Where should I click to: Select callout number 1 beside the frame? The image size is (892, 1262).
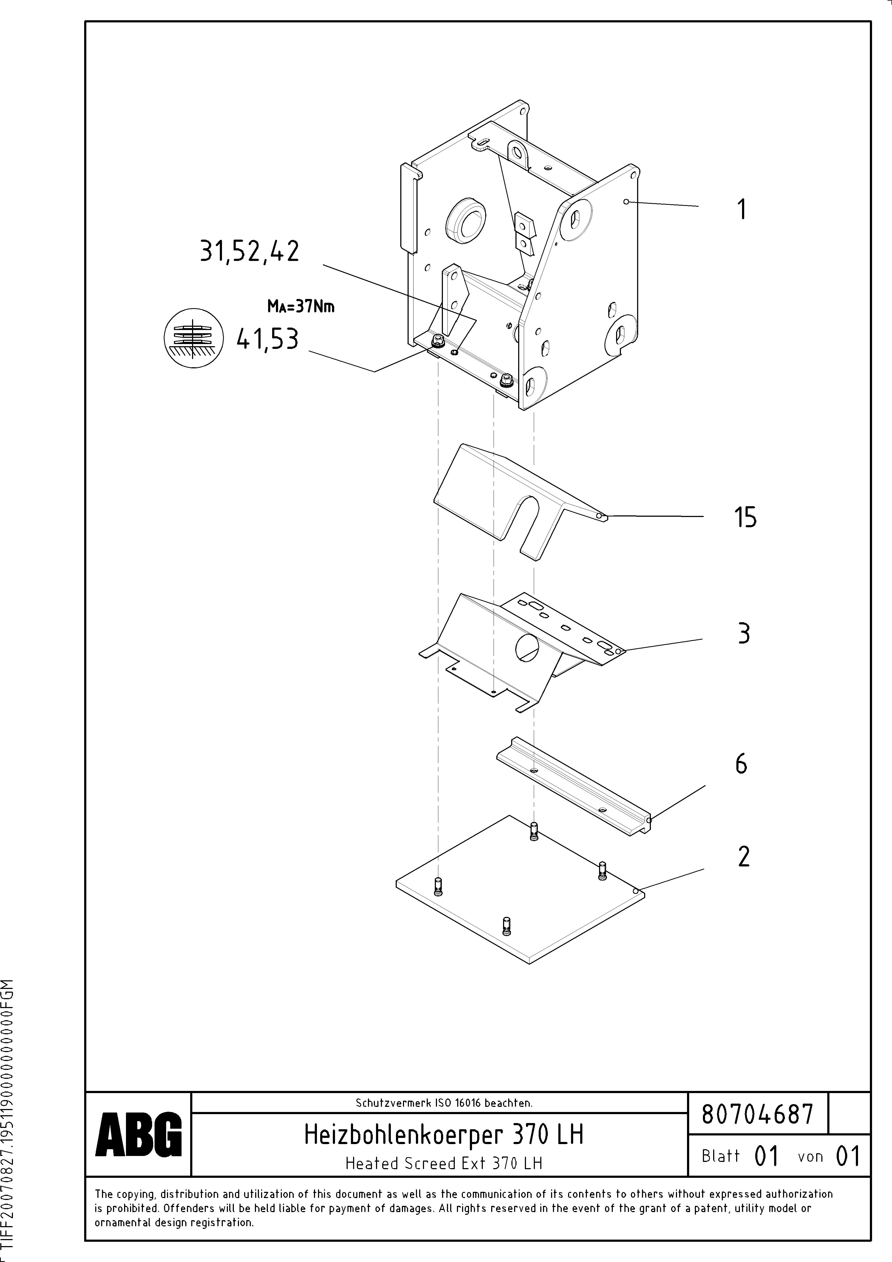(x=742, y=209)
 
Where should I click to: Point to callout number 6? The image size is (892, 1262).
(x=741, y=764)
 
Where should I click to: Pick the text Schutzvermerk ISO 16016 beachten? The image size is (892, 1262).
(x=443, y=1103)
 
